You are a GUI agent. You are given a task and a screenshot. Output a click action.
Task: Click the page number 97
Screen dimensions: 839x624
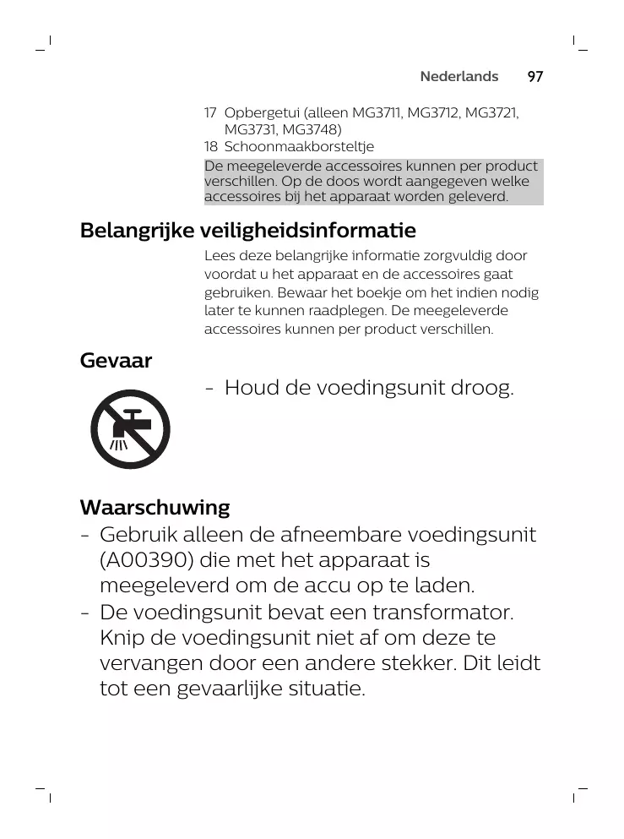pyautogui.click(x=535, y=77)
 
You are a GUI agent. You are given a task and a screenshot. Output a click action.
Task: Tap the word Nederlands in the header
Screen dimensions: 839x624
pyautogui.click(x=459, y=77)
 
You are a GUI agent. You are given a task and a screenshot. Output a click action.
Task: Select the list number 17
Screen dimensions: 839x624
pyautogui.click(x=210, y=113)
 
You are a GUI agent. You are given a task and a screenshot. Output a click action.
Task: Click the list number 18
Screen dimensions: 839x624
pyautogui.click(x=210, y=147)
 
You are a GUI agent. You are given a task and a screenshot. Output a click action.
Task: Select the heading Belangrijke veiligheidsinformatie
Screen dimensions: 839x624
pyautogui.click(x=247, y=231)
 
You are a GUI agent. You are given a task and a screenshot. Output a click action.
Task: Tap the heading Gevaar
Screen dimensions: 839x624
pyautogui.click(x=116, y=362)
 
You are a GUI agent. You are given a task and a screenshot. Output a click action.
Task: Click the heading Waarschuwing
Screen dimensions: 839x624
pyautogui.click(x=155, y=508)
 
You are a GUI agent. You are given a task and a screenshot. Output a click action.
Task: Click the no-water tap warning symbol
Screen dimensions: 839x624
pyautogui.click(x=131, y=429)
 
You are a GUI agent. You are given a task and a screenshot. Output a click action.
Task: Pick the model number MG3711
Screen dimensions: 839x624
pyautogui.click(x=377, y=113)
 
